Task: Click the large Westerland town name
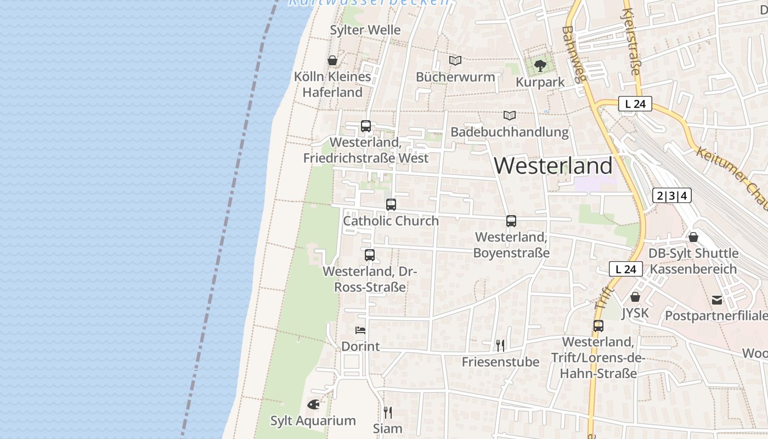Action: click(x=554, y=166)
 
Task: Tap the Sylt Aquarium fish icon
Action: click(x=313, y=404)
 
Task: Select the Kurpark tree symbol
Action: click(x=540, y=66)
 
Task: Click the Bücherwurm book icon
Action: click(x=455, y=60)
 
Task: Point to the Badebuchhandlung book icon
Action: click(x=510, y=115)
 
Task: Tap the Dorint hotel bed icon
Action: click(x=360, y=330)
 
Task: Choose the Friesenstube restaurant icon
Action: click(x=500, y=345)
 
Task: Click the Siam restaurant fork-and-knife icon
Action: click(x=387, y=412)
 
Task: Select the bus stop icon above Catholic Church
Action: click(x=391, y=205)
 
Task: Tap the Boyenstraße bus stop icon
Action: click(x=511, y=221)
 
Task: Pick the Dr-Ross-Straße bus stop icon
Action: click(x=370, y=255)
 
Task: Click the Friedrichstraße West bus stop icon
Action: click(x=366, y=126)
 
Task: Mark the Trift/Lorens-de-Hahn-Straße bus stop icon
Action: click(x=598, y=326)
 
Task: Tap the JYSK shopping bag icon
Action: click(x=635, y=297)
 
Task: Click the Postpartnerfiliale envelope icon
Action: click(x=717, y=300)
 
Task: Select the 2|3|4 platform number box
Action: click(x=672, y=195)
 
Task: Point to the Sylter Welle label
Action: click(x=365, y=30)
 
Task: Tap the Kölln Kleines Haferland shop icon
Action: click(x=332, y=60)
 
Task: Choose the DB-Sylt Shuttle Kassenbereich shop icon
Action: click(x=693, y=237)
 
